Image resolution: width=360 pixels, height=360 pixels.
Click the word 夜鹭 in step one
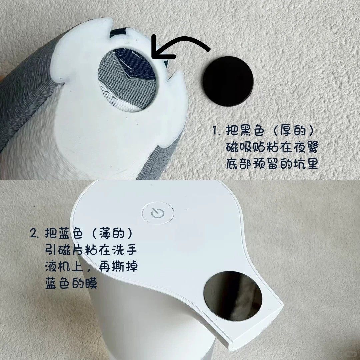pyautogui.click(x=306, y=147)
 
